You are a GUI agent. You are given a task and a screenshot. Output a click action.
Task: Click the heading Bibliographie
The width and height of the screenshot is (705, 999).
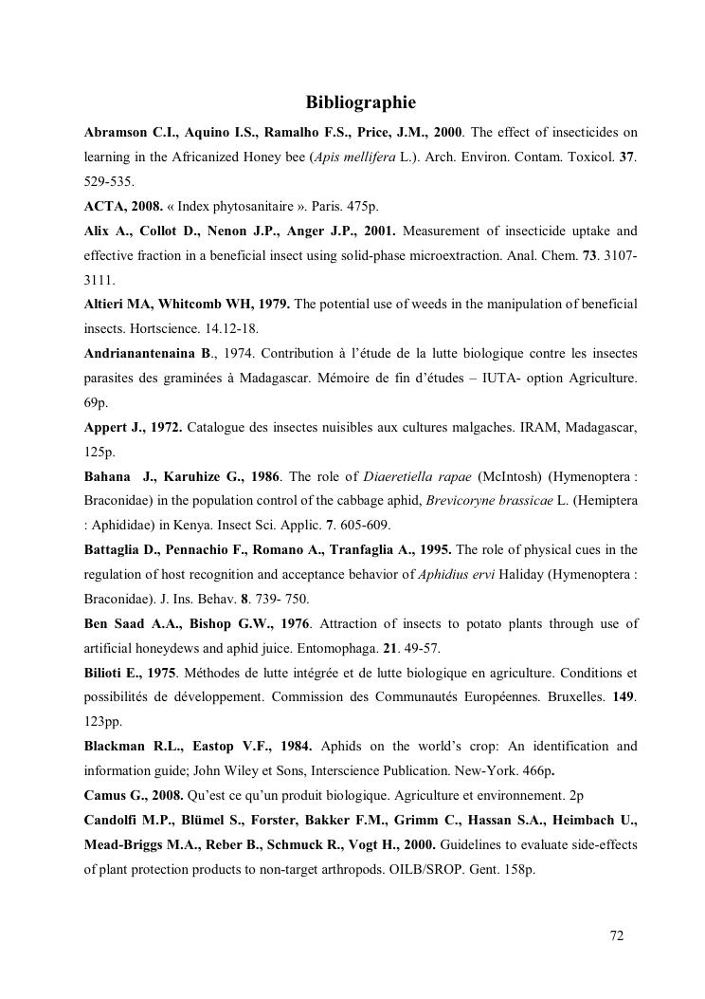360,102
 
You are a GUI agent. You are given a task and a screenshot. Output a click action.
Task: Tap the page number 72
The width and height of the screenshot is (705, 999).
617,935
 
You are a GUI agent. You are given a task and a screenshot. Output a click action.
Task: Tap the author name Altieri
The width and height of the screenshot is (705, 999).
106,305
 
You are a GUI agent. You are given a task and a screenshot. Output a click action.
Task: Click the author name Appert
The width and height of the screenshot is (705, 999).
106,428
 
